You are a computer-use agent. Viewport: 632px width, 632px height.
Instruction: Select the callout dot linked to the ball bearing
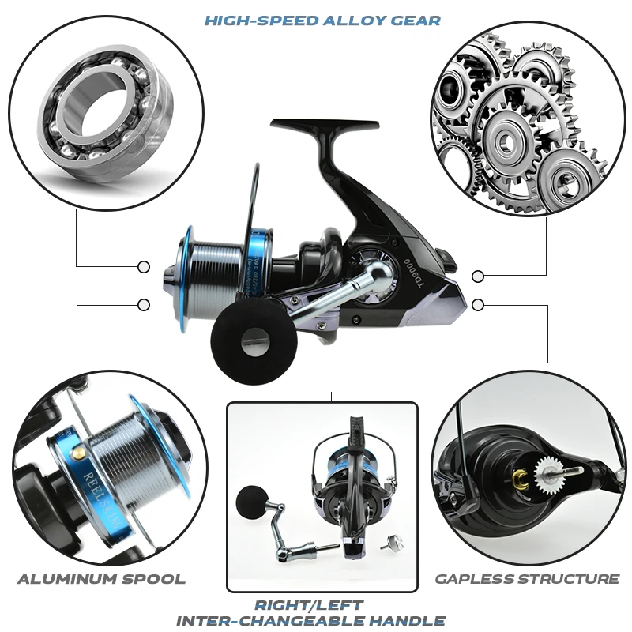coord(144,267)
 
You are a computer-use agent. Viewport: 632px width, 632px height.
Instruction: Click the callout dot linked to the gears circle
coord(477,276)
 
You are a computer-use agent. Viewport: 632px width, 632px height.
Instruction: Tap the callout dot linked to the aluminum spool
coord(144,305)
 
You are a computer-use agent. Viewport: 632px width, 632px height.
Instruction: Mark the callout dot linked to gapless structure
coord(477,304)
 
